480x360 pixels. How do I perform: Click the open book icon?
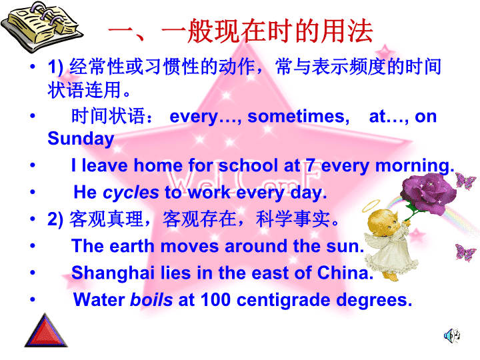pyautogui.click(x=41, y=27)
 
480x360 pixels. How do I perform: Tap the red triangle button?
pyautogui.click(x=46, y=331)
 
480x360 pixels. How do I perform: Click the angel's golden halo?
pyautogui.click(x=371, y=206)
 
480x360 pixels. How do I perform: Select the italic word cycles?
pyautogui.click(x=131, y=193)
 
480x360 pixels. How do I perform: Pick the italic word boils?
pyautogui.click(x=151, y=299)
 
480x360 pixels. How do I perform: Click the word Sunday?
pyautogui.click(x=81, y=139)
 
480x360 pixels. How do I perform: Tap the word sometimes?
pyautogui.click(x=299, y=116)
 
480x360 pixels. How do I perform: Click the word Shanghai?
pyautogui.click(x=113, y=273)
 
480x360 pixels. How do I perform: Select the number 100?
pyautogui.click(x=215, y=299)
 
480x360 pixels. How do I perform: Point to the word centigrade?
pyautogui.click(x=283, y=300)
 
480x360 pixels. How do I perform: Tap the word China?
pyautogui.click(x=345, y=273)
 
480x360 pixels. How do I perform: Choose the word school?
pyautogui.click(x=248, y=165)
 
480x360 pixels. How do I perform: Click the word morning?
pyautogui.click(x=415, y=166)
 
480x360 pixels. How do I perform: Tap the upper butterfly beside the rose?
pyautogui.click(x=465, y=181)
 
